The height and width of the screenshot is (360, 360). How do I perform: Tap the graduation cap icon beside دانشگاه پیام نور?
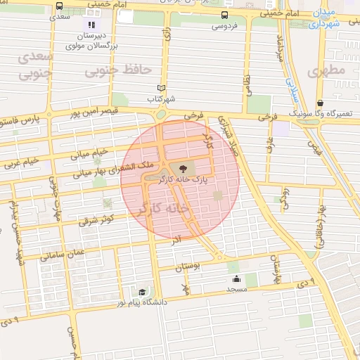tap(142, 292)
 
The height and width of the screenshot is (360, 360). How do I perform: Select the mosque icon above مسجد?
tap(236, 278)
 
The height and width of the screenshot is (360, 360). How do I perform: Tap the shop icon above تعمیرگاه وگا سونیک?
tap(320, 103)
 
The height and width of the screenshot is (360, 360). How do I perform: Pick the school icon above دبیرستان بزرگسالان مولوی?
tap(91, 25)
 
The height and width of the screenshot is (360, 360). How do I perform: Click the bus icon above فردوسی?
tap(224, 15)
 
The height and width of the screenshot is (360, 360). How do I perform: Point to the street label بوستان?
tap(188, 268)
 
